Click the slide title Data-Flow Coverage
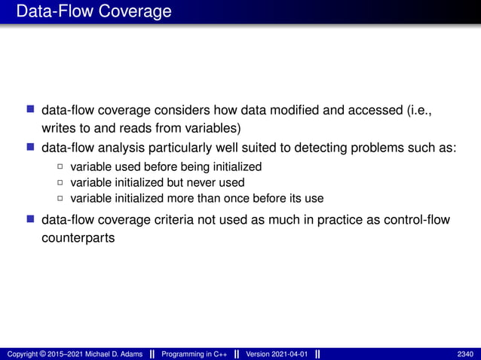click(x=93, y=12)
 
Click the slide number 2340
click(x=465, y=354)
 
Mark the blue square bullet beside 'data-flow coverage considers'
click(x=31, y=111)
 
